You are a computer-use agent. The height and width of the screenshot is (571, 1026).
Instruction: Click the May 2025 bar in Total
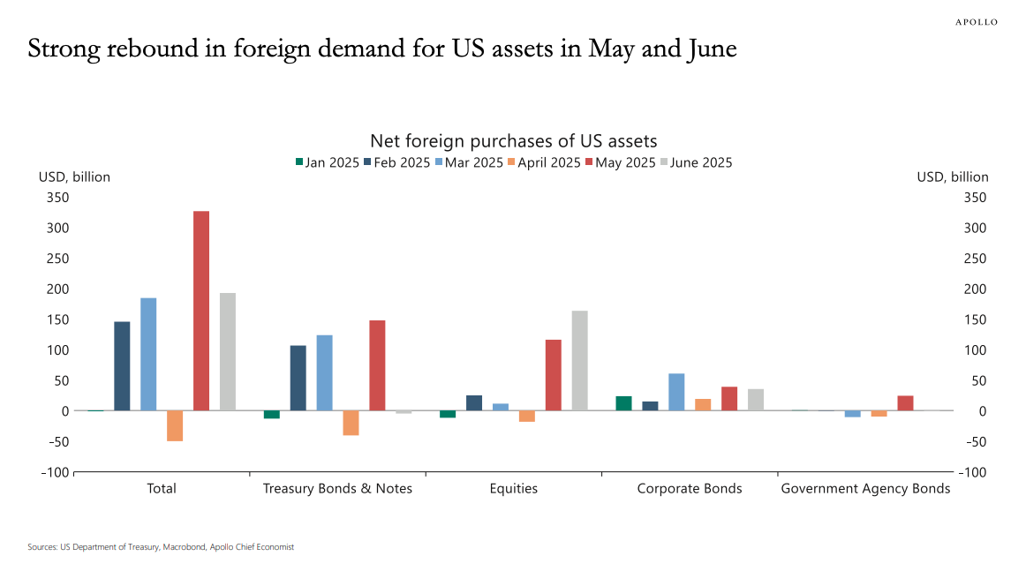pyautogui.click(x=201, y=311)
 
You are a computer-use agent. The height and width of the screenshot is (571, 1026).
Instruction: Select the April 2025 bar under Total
pyautogui.click(x=175, y=425)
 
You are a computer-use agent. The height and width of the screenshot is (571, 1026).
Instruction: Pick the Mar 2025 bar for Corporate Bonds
pyautogui.click(x=676, y=392)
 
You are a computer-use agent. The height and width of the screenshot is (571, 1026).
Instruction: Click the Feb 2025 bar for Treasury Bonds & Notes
pyautogui.click(x=298, y=378)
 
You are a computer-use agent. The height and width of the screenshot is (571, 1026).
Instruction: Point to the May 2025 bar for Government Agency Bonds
pyautogui.click(x=905, y=403)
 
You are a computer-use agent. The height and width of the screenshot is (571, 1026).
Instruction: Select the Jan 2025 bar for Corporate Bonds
pyautogui.click(x=623, y=403)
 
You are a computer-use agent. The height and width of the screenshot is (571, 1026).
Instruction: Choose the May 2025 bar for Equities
pyautogui.click(x=554, y=375)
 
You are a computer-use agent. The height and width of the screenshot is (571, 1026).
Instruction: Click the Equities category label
pyautogui.click(x=513, y=488)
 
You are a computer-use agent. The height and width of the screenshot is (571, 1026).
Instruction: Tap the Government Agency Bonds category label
pyautogui.click(x=865, y=488)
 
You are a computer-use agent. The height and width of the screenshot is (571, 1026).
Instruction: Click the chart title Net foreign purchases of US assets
pyautogui.click(x=513, y=141)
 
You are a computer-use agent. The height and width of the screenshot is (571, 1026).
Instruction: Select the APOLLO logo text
pyautogui.click(x=976, y=22)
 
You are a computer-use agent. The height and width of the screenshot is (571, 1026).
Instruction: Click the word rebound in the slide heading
pyautogui.click(x=147, y=49)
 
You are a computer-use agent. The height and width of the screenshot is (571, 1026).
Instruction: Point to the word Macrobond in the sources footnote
pyautogui.click(x=183, y=547)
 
